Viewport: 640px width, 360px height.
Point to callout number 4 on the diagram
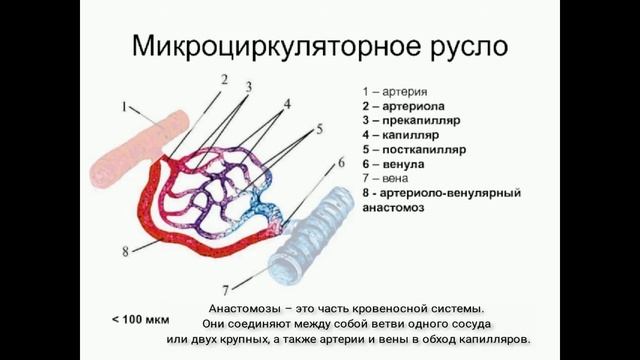click(287, 103)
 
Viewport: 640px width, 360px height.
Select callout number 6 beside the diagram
click(340, 162)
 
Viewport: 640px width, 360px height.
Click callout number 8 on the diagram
click(125, 251)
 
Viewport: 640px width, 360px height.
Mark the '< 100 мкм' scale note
click(141, 320)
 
